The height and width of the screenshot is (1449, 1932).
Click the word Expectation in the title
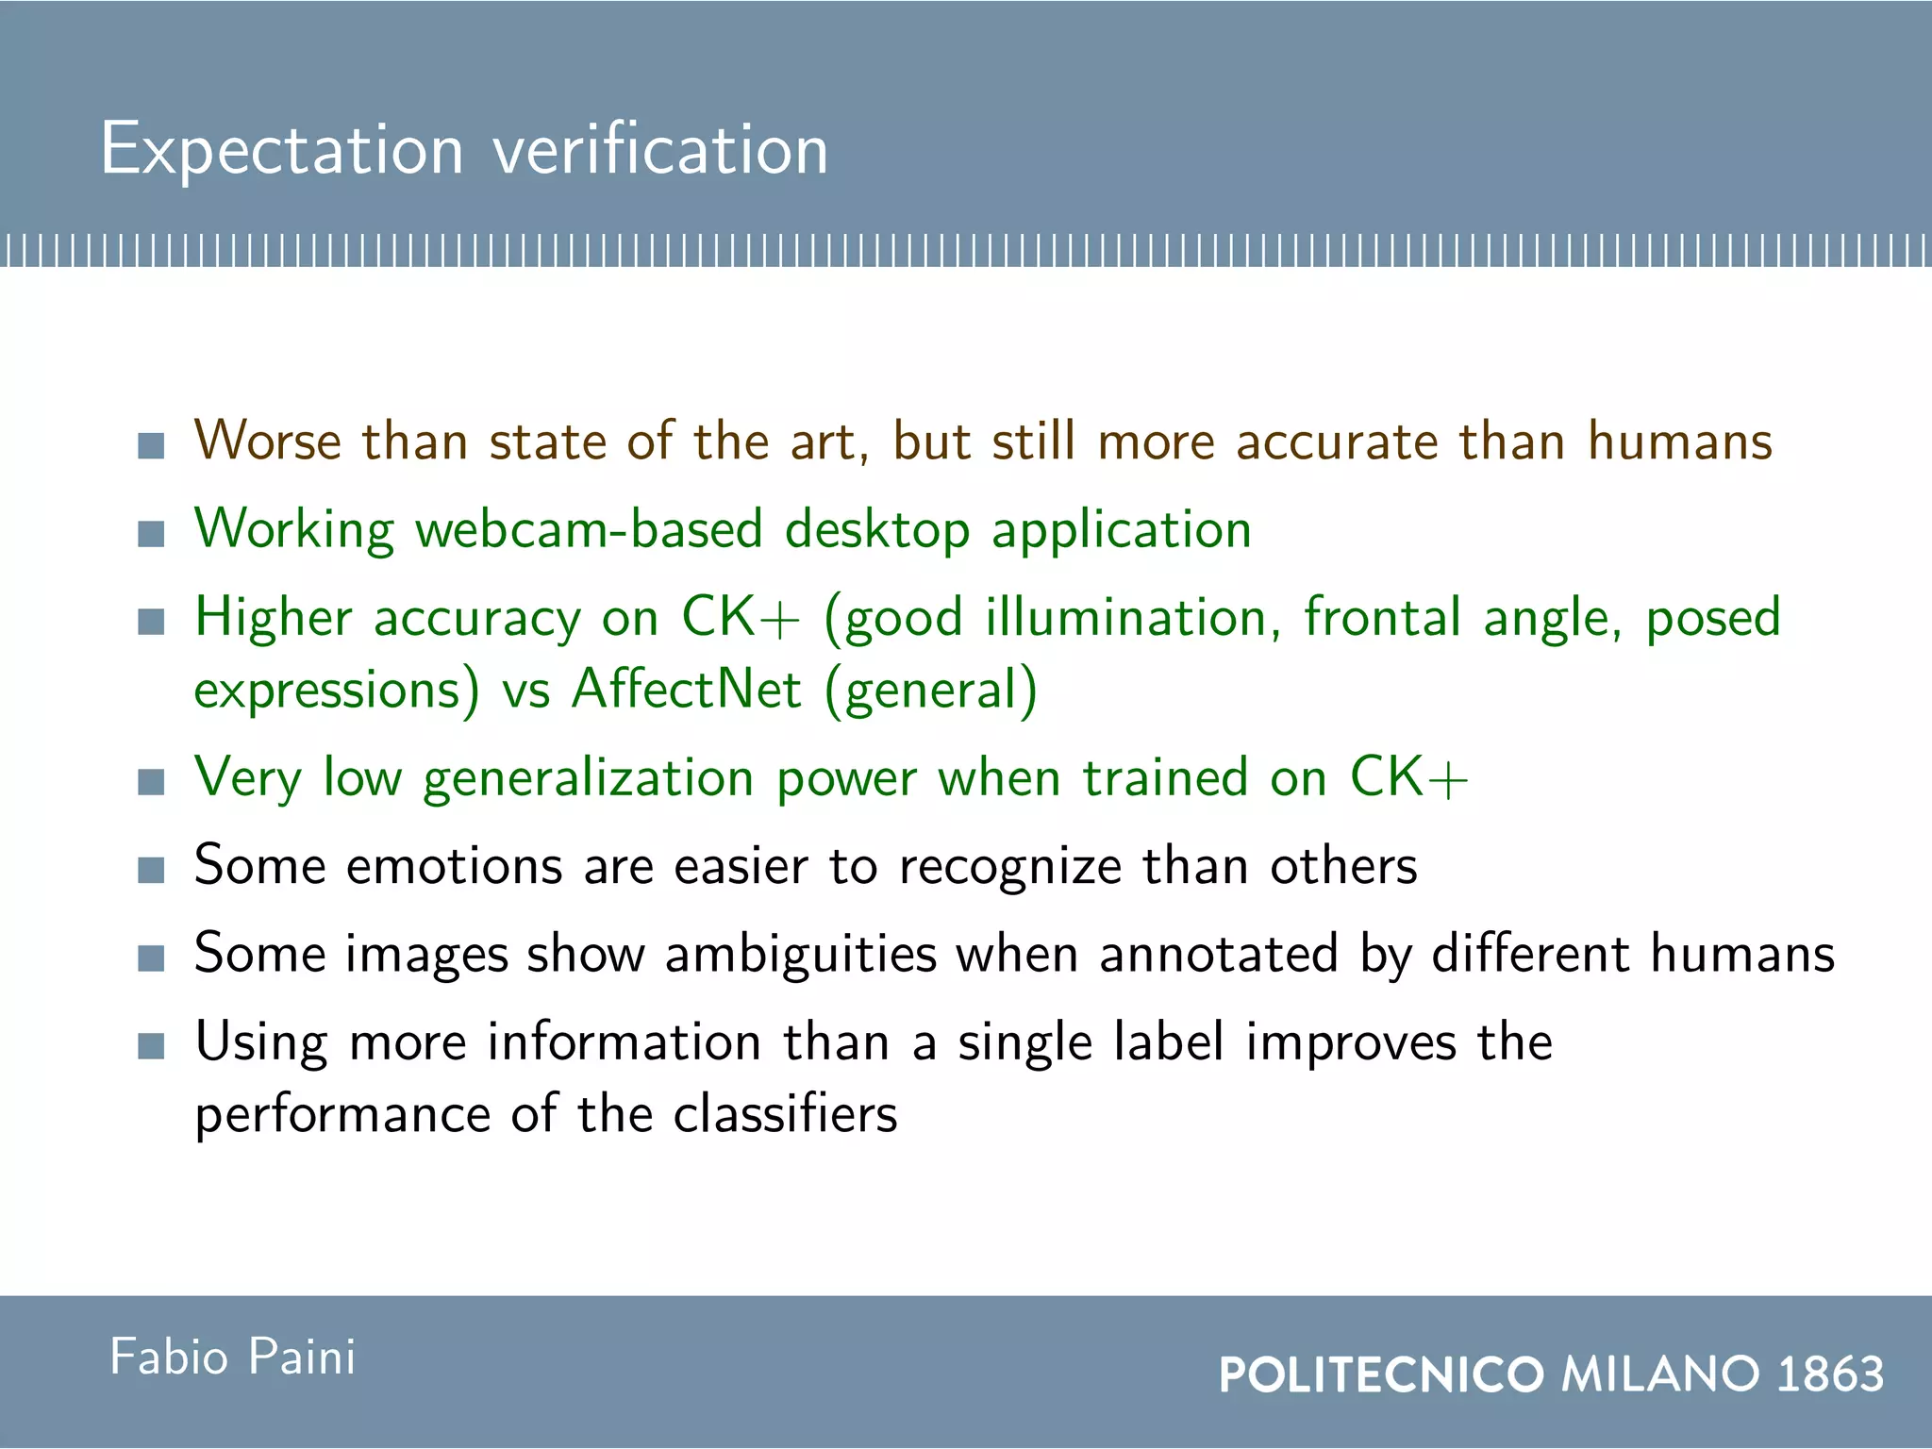[x=282, y=150]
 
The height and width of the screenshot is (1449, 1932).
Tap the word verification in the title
[x=660, y=150]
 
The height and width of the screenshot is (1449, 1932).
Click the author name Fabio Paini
[x=232, y=1357]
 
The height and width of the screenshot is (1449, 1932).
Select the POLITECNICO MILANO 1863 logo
[x=1551, y=1374]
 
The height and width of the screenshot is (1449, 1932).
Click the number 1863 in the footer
[x=1830, y=1374]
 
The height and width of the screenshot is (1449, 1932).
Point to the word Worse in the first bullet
[x=267, y=441]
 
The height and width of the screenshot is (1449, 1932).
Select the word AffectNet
[x=687, y=689]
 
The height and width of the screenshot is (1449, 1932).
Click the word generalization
[x=588, y=779]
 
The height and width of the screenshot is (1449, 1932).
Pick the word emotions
[x=455, y=865]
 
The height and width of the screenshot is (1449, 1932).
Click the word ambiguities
[x=801, y=954]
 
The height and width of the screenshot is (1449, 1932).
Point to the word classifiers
[x=785, y=1114]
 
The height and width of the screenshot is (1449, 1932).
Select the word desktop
[x=877, y=530]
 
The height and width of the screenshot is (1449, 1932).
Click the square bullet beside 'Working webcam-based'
[x=151, y=534]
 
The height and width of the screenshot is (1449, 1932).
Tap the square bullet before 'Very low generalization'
[x=151, y=782]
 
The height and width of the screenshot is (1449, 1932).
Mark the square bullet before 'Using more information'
[x=151, y=1046]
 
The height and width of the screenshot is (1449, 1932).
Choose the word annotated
[x=1219, y=954]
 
